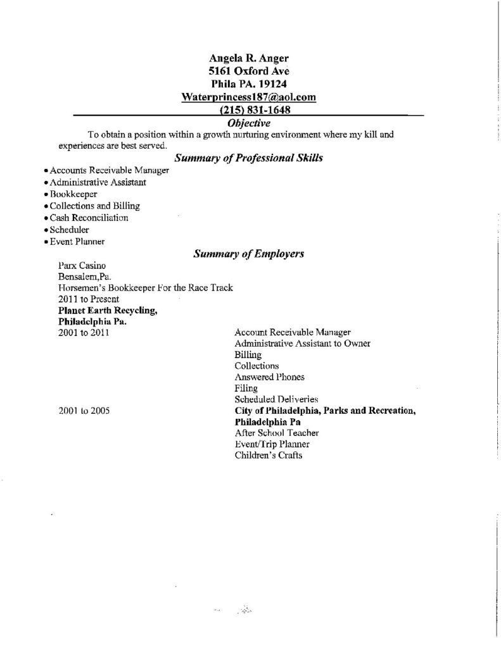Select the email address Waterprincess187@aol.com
[x=248, y=97]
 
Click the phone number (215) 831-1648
[x=248, y=110]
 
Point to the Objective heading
[x=248, y=122]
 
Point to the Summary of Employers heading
[x=249, y=254]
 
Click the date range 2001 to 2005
[x=84, y=411]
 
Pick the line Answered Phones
[x=269, y=377]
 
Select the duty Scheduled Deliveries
[x=276, y=399]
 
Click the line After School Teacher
[x=276, y=433]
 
